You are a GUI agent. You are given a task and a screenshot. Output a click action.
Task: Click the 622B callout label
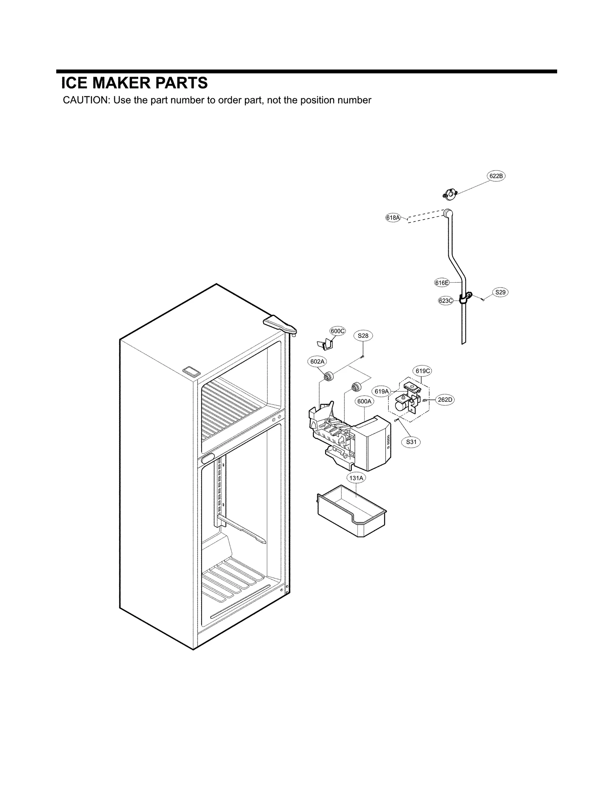496,176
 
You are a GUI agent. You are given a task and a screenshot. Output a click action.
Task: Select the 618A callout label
393,218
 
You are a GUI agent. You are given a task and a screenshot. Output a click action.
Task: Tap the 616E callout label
441,283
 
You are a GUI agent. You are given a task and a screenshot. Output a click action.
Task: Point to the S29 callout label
500,292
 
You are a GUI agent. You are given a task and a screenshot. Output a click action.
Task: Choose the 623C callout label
445,301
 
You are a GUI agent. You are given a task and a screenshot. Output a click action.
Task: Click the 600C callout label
338,331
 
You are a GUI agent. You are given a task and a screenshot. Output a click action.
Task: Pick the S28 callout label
363,336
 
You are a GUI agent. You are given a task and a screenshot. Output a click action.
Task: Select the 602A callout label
317,361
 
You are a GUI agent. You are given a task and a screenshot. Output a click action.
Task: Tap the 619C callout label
423,371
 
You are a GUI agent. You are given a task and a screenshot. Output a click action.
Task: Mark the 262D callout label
445,400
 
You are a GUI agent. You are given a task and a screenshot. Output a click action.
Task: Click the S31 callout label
411,442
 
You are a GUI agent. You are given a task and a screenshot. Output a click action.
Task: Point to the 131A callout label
356,478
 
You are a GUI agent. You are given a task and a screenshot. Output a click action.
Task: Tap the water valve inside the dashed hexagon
407,399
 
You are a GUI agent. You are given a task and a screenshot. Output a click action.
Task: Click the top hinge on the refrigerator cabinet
280,325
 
